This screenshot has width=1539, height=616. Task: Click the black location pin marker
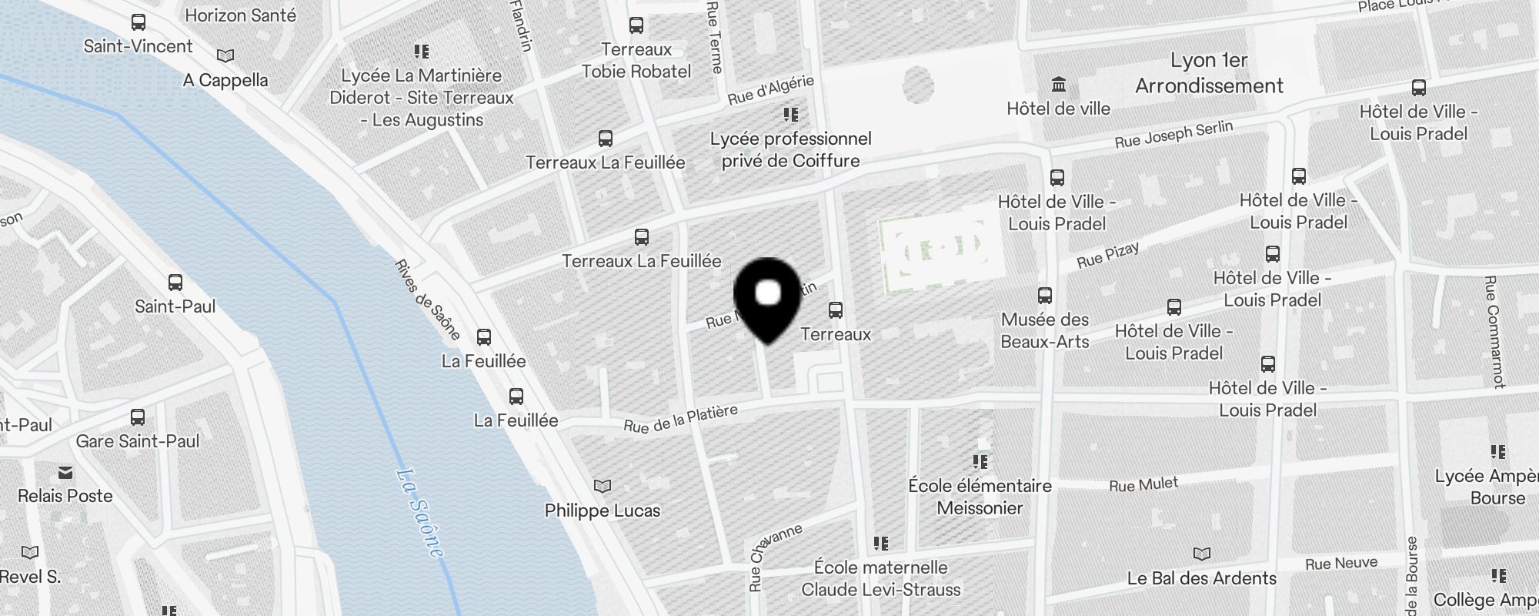pos(768,296)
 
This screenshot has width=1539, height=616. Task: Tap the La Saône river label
pos(420,511)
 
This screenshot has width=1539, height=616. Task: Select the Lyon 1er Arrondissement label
pos(1209,73)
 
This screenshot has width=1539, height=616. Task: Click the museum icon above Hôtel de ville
pos(1059,84)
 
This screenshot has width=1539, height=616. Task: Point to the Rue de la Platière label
pos(680,419)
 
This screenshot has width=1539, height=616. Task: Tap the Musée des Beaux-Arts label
pos(1045,330)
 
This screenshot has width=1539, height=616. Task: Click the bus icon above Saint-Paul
pos(175,283)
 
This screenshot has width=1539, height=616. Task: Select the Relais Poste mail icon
pos(65,472)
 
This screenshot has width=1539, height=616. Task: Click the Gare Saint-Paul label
pos(138,441)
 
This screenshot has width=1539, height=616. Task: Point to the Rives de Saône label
pos(427,300)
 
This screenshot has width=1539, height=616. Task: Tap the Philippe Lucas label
pos(603,511)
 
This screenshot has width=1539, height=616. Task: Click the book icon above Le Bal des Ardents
pos(1201,554)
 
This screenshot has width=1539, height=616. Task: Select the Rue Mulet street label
pos(1143,484)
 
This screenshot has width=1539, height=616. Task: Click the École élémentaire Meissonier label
pos(980,497)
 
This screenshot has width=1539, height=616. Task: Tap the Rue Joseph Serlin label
pos(1173,134)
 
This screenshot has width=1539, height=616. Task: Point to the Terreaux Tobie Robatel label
pos(636,60)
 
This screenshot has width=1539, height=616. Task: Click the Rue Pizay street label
pos(1108,256)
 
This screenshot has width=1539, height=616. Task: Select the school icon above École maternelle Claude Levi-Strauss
pos(881,544)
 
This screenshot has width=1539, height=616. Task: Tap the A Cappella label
pos(225,80)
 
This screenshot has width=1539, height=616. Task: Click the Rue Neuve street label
pos(1341,564)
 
